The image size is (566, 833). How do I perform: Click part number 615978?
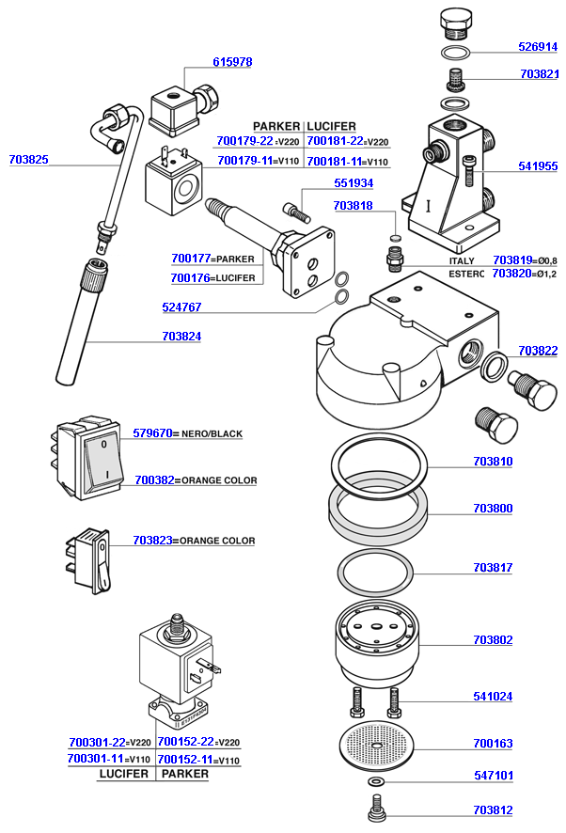click(232, 62)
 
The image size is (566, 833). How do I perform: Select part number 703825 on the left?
click(28, 160)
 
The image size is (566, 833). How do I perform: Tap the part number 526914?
click(538, 46)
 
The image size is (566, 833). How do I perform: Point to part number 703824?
click(181, 336)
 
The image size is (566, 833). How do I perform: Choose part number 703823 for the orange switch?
click(152, 541)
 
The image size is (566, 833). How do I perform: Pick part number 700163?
click(493, 744)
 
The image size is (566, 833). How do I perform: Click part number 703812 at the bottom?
click(493, 809)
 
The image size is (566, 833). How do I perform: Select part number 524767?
click(181, 307)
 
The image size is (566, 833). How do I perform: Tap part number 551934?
click(354, 182)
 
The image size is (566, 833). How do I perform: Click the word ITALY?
click(463, 260)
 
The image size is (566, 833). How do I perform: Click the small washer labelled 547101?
click(377, 781)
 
